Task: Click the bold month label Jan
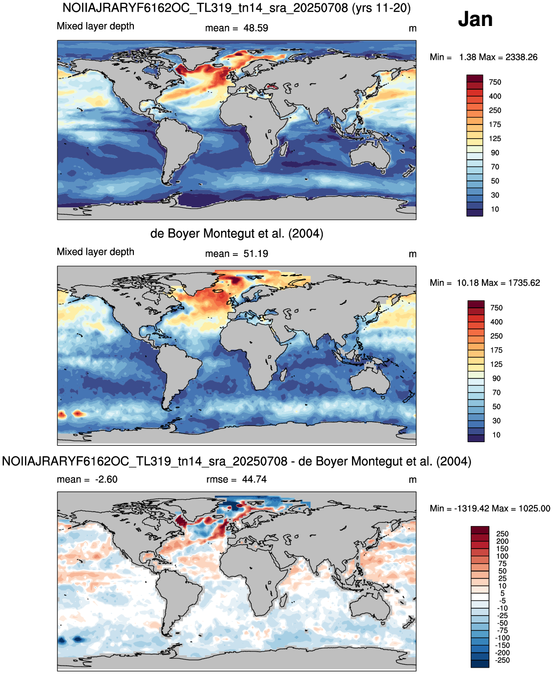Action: pyautogui.click(x=475, y=19)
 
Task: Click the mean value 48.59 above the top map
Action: pyautogui.click(x=255, y=28)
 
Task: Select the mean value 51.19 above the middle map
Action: pyautogui.click(x=255, y=254)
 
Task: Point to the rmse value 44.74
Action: pyautogui.click(x=254, y=479)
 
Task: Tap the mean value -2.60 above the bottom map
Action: pyautogui.click(x=106, y=479)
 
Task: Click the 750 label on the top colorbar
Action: pyautogui.click(x=495, y=82)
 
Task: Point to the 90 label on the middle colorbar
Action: pyautogui.click(x=496, y=378)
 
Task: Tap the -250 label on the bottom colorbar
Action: pyautogui.click(x=502, y=660)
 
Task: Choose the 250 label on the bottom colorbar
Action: pyautogui.click(x=502, y=534)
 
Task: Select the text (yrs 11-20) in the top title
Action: pyautogui.click(x=381, y=8)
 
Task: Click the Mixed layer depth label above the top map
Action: pyautogui.click(x=96, y=26)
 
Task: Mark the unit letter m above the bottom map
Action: pyautogui.click(x=413, y=480)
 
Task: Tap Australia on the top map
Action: pyautogui.click(x=370, y=156)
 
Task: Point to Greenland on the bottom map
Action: pyautogui.click(x=195, y=504)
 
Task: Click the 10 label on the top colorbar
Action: pyautogui.click(x=495, y=209)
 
